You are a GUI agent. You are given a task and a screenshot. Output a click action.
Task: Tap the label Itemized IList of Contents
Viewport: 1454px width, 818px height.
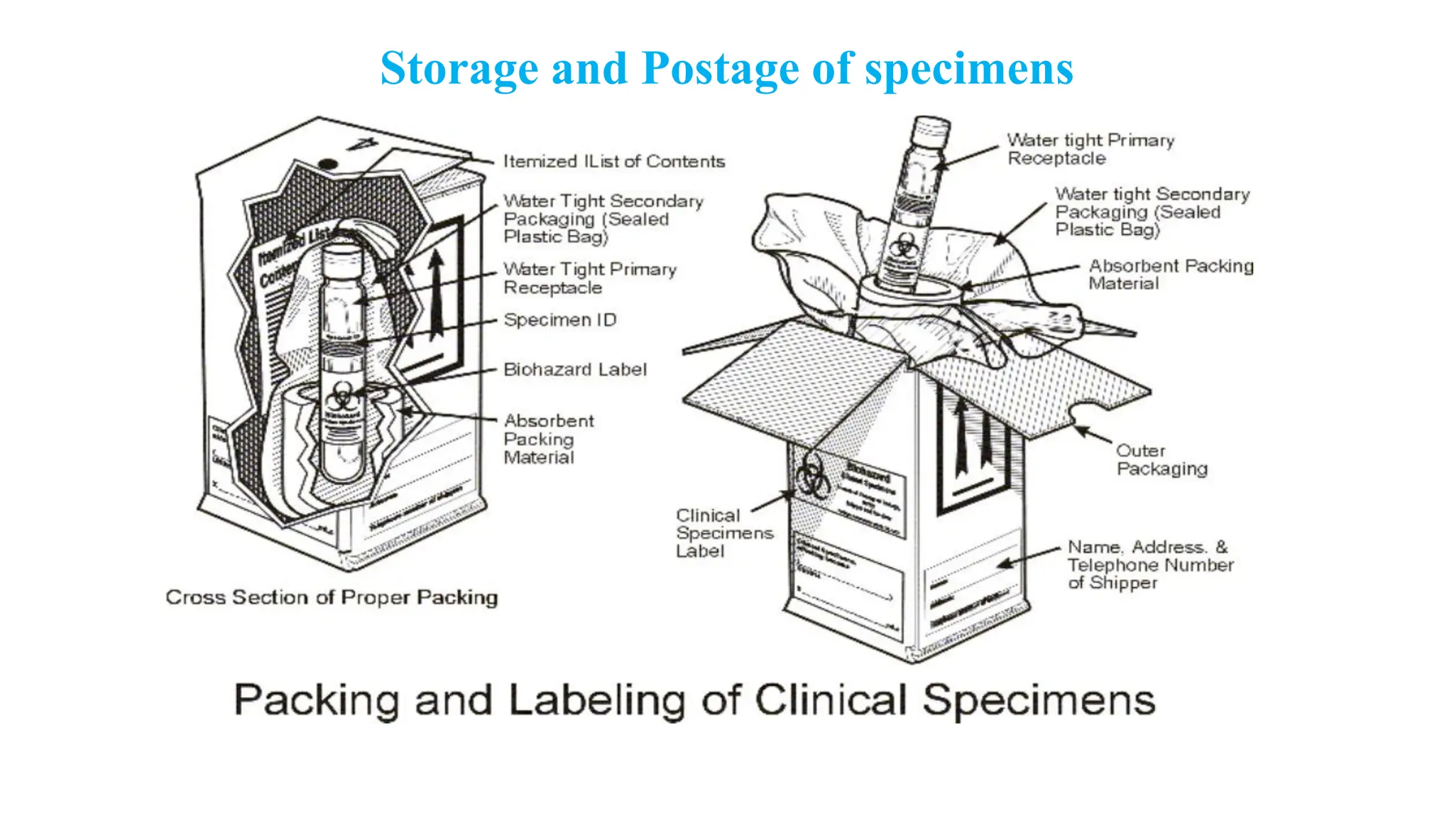coord(614,162)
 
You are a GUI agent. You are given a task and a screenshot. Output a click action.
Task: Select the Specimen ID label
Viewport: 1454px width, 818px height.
coord(559,320)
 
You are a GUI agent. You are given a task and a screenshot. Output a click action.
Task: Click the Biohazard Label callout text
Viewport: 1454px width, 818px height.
coord(575,370)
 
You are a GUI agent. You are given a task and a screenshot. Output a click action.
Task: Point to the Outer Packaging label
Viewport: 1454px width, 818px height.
coord(1161,460)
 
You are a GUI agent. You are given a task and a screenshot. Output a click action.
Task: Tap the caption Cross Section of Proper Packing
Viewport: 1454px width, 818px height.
coord(332,597)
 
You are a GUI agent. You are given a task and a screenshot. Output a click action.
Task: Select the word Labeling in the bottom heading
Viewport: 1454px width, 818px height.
coord(596,700)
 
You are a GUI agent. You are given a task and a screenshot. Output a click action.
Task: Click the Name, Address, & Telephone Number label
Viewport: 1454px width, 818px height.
coord(1150,565)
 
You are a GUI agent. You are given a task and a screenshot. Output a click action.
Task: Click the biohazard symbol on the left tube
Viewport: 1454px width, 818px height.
coord(342,393)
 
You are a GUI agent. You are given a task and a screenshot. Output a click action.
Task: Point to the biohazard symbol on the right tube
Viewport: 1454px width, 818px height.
coord(904,246)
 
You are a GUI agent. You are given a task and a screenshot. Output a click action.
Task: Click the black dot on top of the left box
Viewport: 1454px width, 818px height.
coord(327,165)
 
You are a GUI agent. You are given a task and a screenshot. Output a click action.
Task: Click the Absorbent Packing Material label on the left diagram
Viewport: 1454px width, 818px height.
coord(548,440)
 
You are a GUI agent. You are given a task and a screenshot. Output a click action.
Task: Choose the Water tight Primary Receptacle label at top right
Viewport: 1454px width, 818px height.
coord(1090,149)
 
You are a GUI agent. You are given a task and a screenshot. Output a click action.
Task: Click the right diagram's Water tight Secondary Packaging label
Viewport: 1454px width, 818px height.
coord(1151,212)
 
